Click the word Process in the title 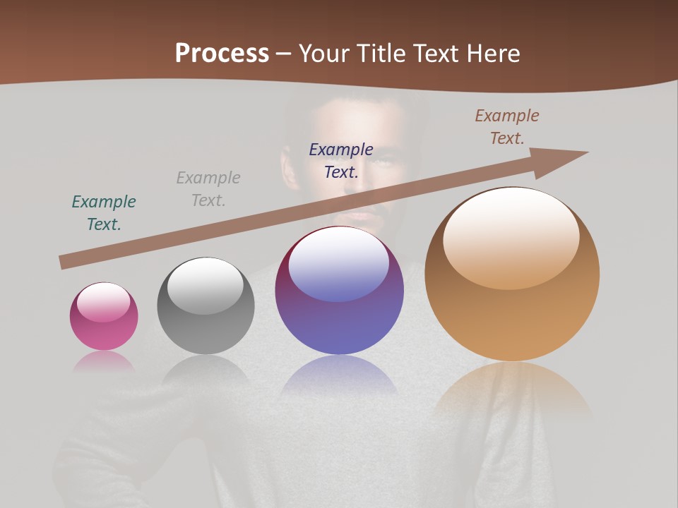coord(222,54)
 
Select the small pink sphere coord(104,317)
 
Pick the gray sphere coord(206,306)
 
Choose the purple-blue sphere coord(339,291)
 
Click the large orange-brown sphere coord(512,274)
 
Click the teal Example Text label coord(104,213)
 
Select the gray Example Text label coord(208,189)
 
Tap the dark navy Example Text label coord(341,160)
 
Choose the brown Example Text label coord(507,127)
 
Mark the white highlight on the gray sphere coord(205,286)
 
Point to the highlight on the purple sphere coord(339,265)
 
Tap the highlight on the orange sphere coord(511,238)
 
